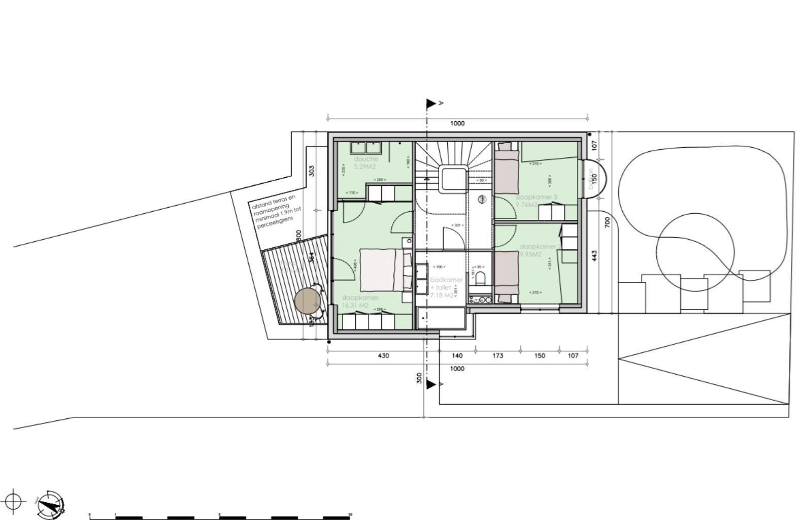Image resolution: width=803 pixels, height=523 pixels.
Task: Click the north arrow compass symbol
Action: pos(50,504)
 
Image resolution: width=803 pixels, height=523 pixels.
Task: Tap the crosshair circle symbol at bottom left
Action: pos(15,502)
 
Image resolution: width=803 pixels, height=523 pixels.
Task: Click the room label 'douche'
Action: pos(366,159)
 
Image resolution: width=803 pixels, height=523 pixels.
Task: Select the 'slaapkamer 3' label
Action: pos(537,197)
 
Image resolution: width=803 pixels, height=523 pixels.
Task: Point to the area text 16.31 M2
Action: pos(355,306)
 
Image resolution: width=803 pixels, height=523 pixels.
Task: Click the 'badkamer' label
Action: pos(446,280)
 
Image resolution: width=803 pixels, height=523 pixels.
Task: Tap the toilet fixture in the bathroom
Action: pos(480,278)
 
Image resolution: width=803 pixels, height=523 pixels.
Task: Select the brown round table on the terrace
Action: pos(307,302)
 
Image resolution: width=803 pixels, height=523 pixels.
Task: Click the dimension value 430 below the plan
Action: pos(383,355)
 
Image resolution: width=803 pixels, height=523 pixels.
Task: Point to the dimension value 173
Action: pos(497,355)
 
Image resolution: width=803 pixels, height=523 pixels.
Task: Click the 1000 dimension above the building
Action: pos(457,123)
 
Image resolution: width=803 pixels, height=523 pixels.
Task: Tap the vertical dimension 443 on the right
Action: pos(594,255)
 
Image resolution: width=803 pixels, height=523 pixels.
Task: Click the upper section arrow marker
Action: pos(431,104)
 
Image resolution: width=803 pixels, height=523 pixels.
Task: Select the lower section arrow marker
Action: pos(431,384)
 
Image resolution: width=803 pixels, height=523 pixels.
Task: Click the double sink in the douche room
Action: pos(366,147)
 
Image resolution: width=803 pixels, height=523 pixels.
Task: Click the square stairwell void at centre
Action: pos(454,178)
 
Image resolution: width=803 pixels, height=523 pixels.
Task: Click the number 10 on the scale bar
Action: pos(350,514)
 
